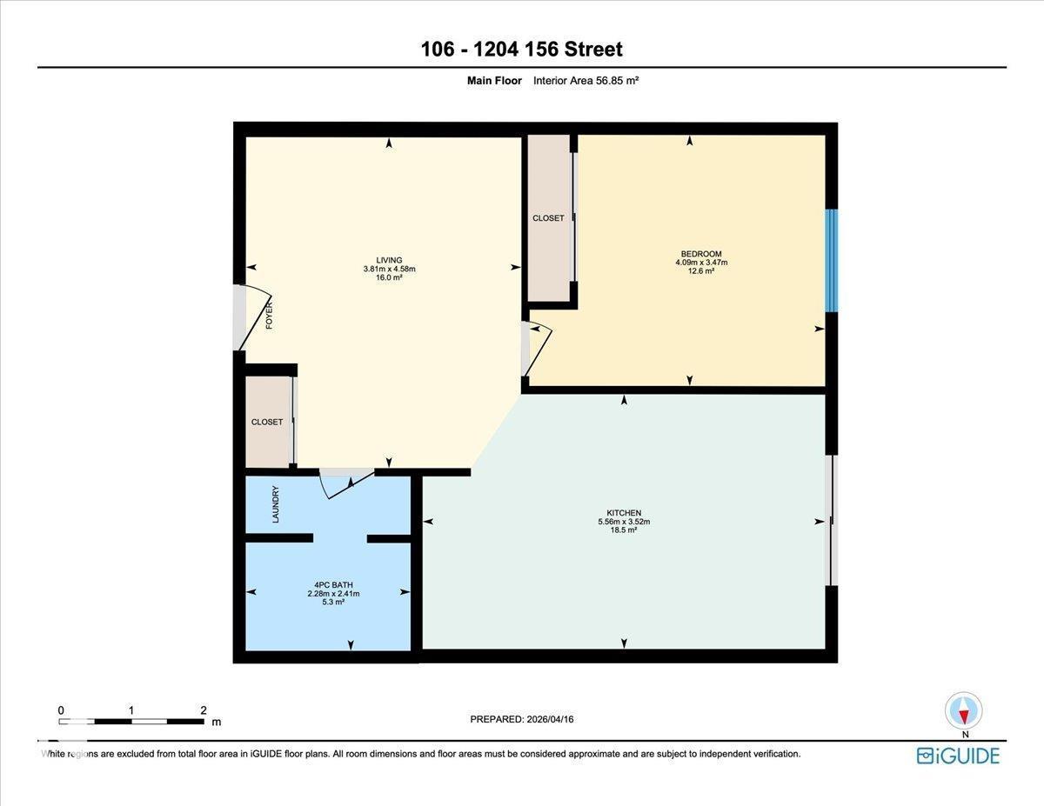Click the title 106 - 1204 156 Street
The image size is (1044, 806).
[x=521, y=49]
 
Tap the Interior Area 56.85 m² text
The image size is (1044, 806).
[x=586, y=81]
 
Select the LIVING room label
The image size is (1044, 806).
[x=389, y=260]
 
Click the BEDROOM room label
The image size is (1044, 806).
[x=700, y=254]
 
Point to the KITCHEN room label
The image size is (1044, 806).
[x=624, y=513]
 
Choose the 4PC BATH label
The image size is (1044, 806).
[x=333, y=584]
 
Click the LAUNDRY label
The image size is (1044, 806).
[x=276, y=503]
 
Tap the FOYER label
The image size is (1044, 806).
[x=270, y=315]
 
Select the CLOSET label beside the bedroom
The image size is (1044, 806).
[x=548, y=218]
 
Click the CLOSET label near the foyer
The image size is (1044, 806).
[x=267, y=422]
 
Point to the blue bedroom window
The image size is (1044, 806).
[x=831, y=260]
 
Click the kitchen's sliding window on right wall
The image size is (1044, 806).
[x=832, y=520]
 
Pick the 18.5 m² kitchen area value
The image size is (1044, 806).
[x=624, y=530]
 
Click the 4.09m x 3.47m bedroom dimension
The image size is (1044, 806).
[x=700, y=263]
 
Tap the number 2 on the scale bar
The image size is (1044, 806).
[x=203, y=710]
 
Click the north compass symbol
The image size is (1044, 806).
[x=963, y=710]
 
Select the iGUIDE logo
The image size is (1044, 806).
[x=958, y=755]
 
